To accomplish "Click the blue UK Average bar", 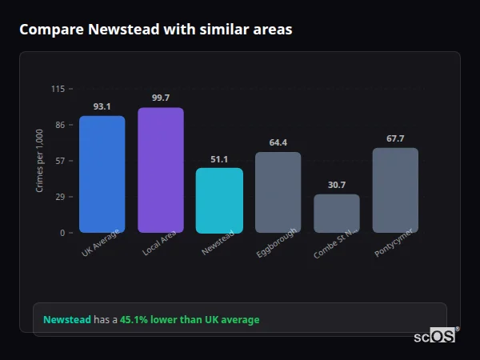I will pyautogui.click(x=102, y=174).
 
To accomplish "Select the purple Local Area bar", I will pyautogui.click(x=160, y=170).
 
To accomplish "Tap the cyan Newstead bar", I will pyautogui.click(x=219, y=200).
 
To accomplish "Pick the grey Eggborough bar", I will pyautogui.click(x=278, y=192).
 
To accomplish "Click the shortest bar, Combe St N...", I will pyautogui.click(x=336, y=213).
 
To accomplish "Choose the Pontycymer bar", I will pyautogui.click(x=395, y=190).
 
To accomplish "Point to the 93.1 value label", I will pyautogui.click(x=102, y=106).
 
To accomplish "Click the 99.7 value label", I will pyautogui.click(x=160, y=98).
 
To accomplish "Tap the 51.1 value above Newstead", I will pyautogui.click(x=219, y=159).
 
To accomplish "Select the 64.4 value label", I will pyautogui.click(x=278, y=142).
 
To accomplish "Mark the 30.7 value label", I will pyautogui.click(x=336, y=185).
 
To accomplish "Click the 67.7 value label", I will pyautogui.click(x=395, y=138).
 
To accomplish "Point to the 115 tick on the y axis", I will pyautogui.click(x=58, y=89).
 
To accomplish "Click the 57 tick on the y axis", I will pyautogui.click(x=60, y=161).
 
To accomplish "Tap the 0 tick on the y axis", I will pyautogui.click(x=62, y=233).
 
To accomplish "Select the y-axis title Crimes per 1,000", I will pyautogui.click(x=40, y=161).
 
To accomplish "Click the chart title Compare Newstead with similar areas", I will pyautogui.click(x=155, y=30).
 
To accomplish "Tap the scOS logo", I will pyautogui.click(x=434, y=336).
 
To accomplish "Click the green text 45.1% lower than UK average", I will pyautogui.click(x=190, y=320).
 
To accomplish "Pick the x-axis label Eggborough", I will pyautogui.click(x=278, y=242).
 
